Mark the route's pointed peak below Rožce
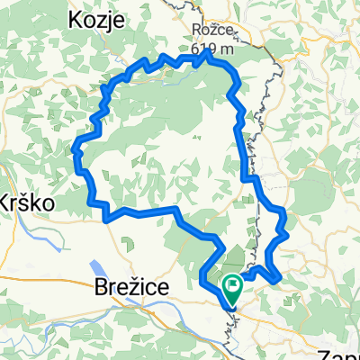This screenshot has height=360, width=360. point(208,54)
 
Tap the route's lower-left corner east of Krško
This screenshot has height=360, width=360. point(107,217)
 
